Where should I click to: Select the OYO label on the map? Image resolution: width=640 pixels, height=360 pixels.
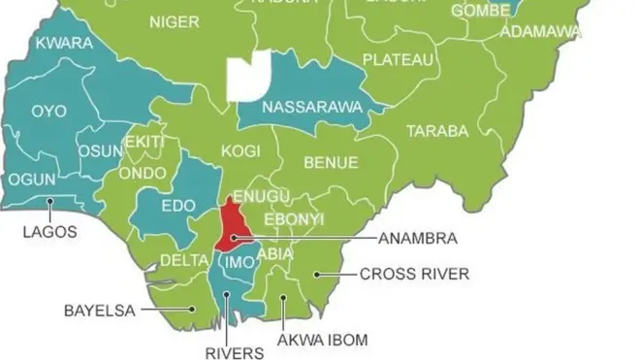tap(48, 111)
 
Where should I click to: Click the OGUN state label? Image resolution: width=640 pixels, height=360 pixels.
tap(32, 180)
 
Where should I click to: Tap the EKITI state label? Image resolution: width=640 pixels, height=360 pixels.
tap(144, 142)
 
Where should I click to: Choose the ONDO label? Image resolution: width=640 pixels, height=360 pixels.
tap(143, 174)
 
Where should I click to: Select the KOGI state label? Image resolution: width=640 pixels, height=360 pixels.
tap(241, 151)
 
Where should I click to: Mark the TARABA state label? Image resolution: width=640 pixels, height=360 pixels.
tap(437, 130)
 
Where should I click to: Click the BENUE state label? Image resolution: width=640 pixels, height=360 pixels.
tap(331, 162)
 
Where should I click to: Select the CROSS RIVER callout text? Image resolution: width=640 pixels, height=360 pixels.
tap(414, 275)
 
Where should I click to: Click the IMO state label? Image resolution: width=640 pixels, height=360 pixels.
tap(238, 262)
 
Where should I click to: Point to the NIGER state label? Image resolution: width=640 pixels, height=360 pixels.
tap(175, 21)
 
